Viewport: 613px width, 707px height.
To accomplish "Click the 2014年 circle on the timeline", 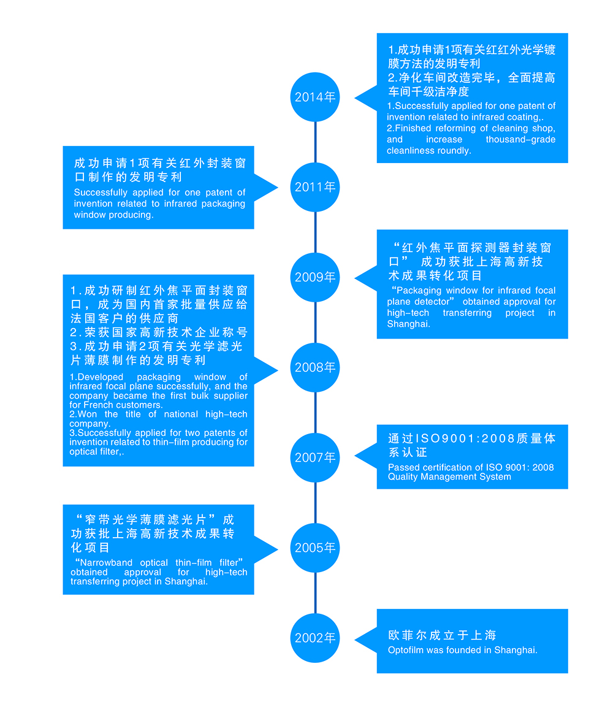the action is pos(314,97).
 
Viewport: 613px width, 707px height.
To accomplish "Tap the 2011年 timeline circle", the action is pos(314,187).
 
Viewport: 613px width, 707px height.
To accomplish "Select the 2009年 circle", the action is pos(314,277).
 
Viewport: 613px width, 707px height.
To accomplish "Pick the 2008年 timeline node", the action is pos(314,367).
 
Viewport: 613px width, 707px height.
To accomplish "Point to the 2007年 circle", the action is pos(314,457).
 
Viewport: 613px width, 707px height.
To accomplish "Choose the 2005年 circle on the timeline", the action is pos(314,548).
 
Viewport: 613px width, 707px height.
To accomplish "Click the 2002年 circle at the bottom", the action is pos(314,638).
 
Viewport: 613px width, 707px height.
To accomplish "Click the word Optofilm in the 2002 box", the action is pos(405,650).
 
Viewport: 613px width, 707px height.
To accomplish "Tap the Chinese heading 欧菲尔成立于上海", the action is pos(442,635).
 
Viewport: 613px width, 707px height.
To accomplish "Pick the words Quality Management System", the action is pos(449,477).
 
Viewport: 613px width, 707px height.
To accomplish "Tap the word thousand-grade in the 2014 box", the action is pos(520,140).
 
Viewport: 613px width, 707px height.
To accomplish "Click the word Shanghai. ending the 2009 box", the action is pos(408,324).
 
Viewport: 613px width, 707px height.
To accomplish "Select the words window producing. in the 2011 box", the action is pos(113,215).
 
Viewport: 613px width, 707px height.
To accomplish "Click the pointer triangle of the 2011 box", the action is pos(266,187).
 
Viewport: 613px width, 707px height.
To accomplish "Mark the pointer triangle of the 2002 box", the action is pos(365,640).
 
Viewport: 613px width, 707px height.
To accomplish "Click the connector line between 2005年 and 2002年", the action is pos(315,593).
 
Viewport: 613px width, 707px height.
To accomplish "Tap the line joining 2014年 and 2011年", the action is pos(315,142).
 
